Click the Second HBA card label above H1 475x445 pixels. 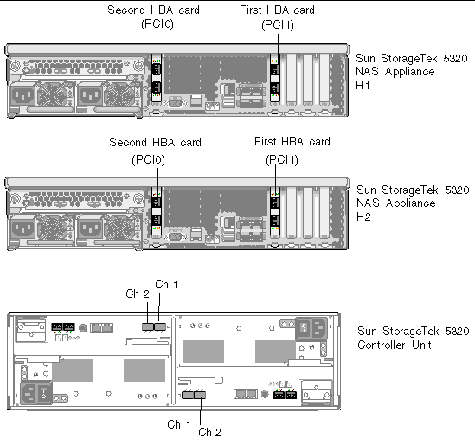pos(154,10)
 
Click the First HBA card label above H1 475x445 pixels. pos(277,10)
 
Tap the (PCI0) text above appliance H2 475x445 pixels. pos(149,160)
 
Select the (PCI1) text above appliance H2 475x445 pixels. pos(282,160)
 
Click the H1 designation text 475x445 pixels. pos(363,86)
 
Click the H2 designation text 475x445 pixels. pos(363,216)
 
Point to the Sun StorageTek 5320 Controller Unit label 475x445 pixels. pos(414,338)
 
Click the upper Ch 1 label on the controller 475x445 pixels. pos(166,284)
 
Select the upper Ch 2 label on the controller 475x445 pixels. pos(138,293)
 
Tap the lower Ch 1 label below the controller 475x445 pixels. pos(179,424)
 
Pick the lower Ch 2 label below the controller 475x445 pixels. pos(209,432)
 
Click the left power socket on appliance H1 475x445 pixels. pos(22,96)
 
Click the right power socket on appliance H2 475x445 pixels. pos(90,229)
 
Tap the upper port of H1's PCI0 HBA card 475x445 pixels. pos(157,69)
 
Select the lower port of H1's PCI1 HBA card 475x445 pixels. pos(275,88)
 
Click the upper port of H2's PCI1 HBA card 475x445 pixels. pos(275,203)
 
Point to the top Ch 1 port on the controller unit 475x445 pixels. pos(160,326)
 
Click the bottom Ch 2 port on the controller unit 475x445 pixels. pos(200,395)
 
